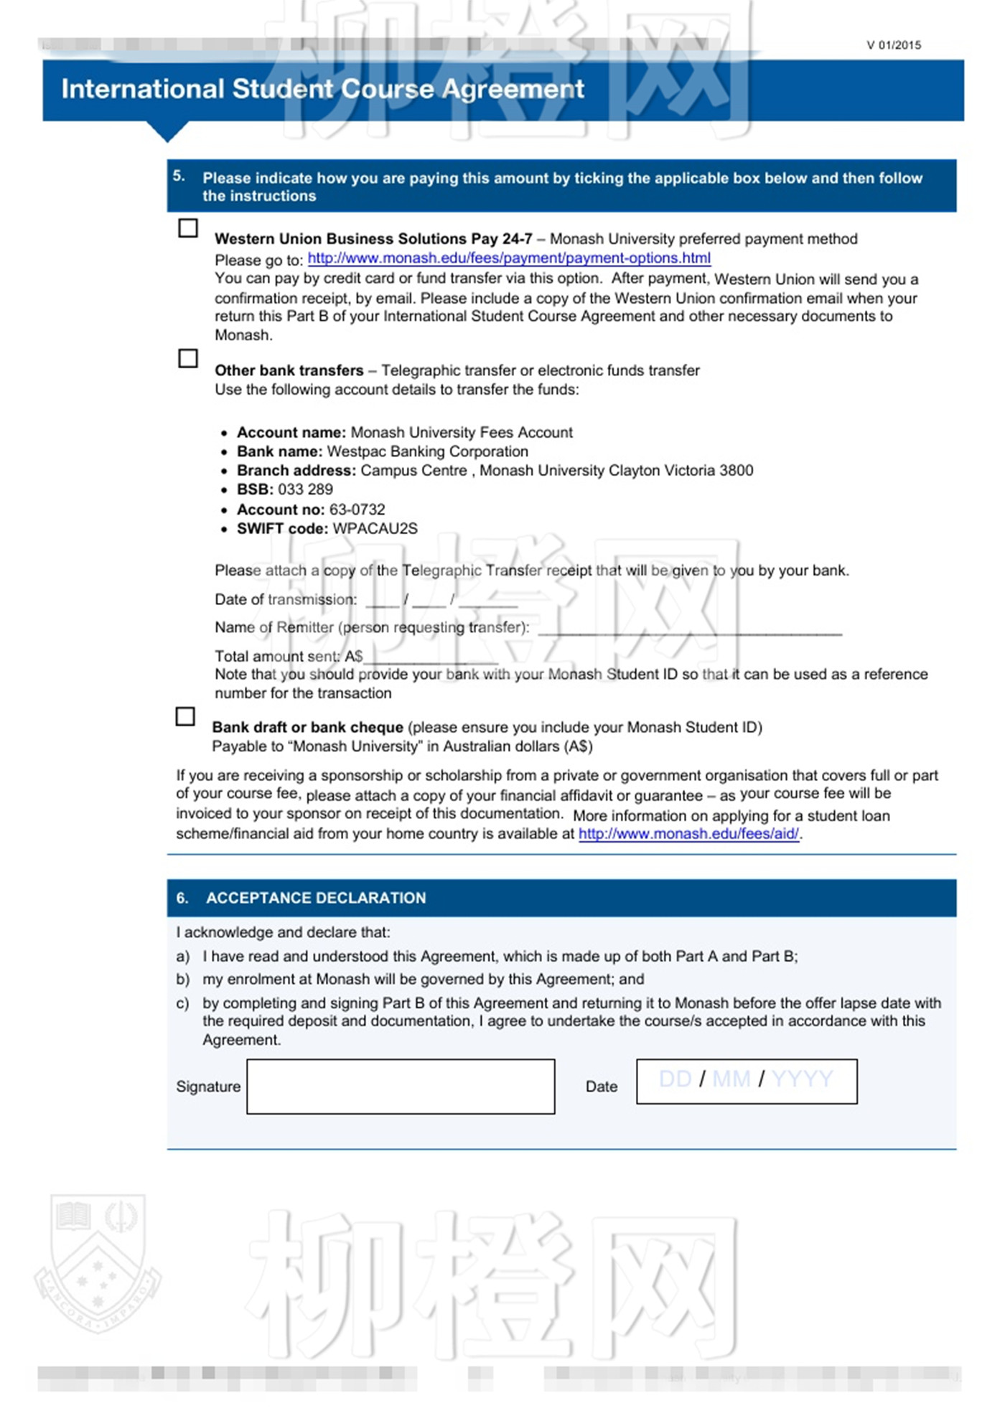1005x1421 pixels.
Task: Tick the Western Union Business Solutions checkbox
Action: (188, 228)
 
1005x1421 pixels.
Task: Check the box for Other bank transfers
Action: (188, 358)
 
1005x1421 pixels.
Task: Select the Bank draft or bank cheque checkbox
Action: (185, 716)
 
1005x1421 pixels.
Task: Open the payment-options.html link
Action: (509, 258)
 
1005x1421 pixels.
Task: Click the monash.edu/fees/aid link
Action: (688, 834)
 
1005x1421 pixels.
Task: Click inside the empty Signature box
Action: (401, 1087)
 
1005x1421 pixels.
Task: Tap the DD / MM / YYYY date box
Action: (747, 1081)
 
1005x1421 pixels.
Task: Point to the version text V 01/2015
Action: (894, 45)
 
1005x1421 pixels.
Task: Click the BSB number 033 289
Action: (306, 489)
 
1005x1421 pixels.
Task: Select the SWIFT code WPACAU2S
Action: (375, 529)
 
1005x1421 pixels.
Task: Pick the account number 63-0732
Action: (357, 510)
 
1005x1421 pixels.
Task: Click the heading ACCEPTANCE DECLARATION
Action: (316, 898)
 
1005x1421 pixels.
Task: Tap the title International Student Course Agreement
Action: (323, 89)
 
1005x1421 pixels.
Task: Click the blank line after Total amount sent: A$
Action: (431, 658)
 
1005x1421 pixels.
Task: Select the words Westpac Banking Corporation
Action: (428, 451)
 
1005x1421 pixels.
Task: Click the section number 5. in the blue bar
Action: (179, 177)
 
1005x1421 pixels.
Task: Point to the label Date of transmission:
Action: (286, 599)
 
